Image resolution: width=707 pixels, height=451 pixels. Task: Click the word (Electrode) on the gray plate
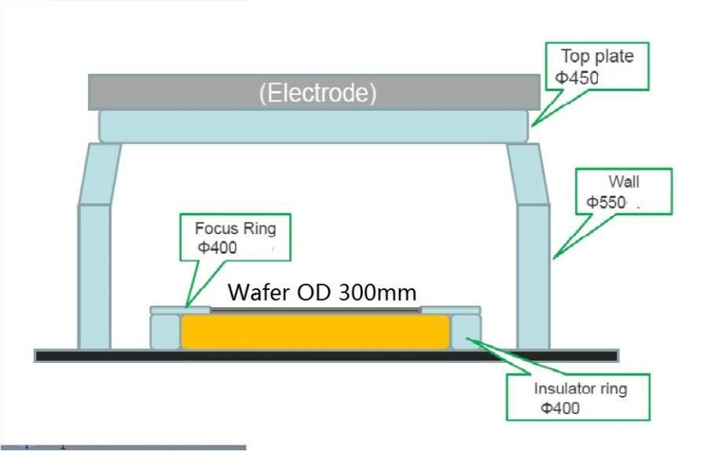[x=317, y=93]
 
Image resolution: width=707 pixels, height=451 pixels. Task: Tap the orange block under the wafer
[x=314, y=332]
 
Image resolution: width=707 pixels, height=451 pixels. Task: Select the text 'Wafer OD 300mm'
[x=322, y=292]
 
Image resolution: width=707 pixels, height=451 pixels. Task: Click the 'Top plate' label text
[x=596, y=57]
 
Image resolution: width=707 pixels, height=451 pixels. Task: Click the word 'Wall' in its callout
[x=624, y=183]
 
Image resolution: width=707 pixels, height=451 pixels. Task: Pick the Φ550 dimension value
[x=606, y=203]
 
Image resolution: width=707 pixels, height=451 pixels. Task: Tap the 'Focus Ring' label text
[x=236, y=229]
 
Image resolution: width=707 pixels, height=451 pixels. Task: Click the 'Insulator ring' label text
[x=581, y=388]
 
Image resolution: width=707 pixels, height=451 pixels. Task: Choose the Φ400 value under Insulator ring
[x=560, y=409]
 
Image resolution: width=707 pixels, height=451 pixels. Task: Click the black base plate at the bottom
[x=326, y=356]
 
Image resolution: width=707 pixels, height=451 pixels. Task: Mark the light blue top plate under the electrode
[x=313, y=126]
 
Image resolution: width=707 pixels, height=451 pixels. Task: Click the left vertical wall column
[x=93, y=275]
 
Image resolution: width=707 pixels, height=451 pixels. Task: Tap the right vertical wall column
[x=533, y=275]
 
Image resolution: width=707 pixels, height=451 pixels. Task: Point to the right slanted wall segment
[x=526, y=173]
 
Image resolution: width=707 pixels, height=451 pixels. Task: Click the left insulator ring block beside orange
[x=164, y=332]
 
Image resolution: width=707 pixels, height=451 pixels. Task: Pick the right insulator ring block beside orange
[x=465, y=332]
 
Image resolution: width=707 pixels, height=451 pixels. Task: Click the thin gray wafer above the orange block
[x=314, y=310]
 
